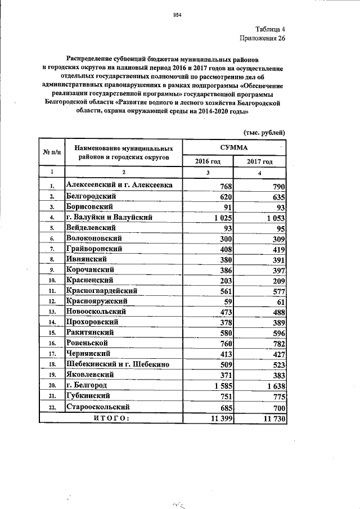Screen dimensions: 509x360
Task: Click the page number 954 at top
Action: click(179, 15)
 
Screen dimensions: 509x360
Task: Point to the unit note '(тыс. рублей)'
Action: click(264, 132)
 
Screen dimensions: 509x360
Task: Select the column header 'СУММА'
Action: click(235, 146)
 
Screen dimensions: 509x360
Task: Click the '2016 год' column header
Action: click(208, 161)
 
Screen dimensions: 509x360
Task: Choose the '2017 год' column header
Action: click(259, 161)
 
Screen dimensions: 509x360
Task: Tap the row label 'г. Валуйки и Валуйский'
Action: click(109, 217)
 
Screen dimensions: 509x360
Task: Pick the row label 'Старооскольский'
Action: click(98, 407)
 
